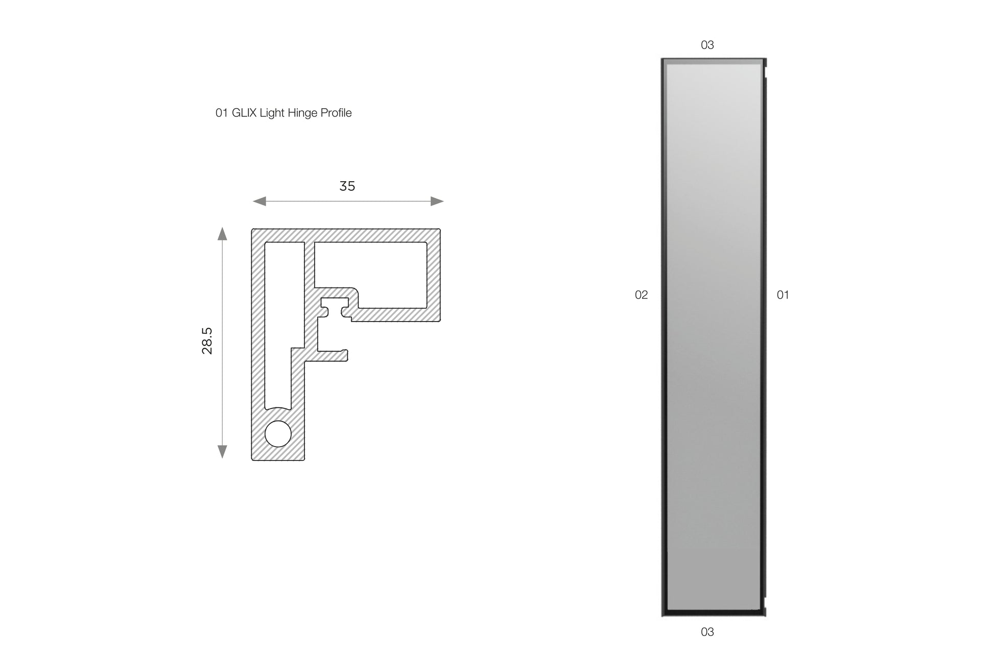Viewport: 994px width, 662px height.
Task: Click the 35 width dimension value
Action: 347,186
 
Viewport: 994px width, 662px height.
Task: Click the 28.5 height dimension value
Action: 207,341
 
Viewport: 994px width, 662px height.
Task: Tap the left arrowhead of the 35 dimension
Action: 259,201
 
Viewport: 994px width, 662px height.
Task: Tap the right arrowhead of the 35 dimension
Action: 437,201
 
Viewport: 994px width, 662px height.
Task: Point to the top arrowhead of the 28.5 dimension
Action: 222,234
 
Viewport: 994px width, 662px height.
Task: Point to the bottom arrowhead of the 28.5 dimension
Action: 222,452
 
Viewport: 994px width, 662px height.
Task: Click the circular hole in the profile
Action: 278,434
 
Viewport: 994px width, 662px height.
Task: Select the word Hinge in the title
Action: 302,113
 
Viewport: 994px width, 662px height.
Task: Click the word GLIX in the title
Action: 244,113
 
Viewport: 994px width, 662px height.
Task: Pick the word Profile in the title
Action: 336,113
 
